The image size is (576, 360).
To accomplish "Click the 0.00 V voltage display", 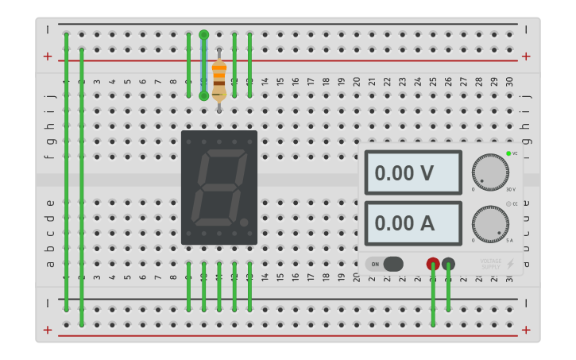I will (x=413, y=172).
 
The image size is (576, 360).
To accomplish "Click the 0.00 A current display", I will (x=413, y=223).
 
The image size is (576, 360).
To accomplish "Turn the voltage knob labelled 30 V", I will (x=489, y=172).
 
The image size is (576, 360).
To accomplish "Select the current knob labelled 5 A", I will (x=489, y=224).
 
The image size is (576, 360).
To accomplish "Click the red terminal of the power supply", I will (x=433, y=264).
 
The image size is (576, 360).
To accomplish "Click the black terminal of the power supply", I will (x=448, y=264).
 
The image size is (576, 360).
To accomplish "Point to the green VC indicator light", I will (x=508, y=153).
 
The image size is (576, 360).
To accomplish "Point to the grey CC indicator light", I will (x=508, y=204).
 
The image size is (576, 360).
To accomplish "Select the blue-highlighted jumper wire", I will (x=204, y=65).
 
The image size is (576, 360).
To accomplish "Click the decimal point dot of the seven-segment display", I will (x=244, y=223).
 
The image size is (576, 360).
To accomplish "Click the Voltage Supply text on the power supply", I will (x=490, y=263).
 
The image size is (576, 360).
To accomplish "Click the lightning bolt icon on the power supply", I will (x=510, y=264).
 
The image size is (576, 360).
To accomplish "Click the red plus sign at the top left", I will (x=48, y=56).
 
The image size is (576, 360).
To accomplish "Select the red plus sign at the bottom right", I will (x=526, y=330).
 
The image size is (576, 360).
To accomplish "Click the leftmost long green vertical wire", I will (x=67, y=171).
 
